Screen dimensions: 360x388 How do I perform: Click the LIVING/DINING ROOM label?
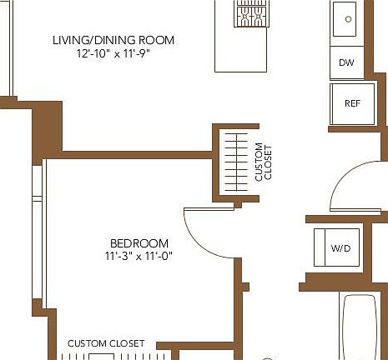pos(113,40)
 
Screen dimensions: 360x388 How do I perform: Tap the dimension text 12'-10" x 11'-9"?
pos(113,53)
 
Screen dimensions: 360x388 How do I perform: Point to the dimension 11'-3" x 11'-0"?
pos(139,256)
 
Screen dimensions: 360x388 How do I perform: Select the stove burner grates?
pos(249,12)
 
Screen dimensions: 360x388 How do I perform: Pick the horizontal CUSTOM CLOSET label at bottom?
pos(106,343)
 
